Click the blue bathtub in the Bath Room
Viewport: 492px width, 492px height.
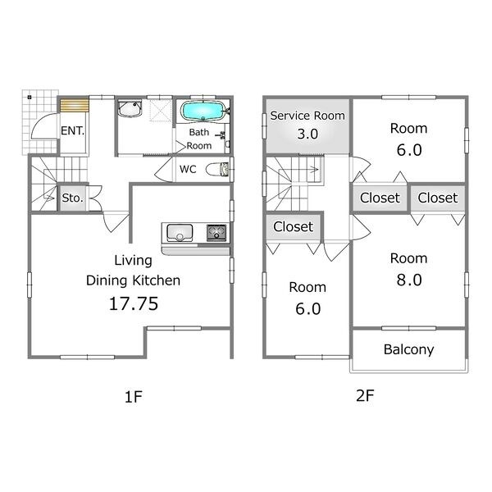pyautogui.click(x=203, y=111)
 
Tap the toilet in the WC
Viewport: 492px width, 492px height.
pyautogui.click(x=217, y=170)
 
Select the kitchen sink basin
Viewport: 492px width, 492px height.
pyautogui.click(x=180, y=233)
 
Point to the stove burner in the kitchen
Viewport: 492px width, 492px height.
pyautogui.click(x=216, y=233)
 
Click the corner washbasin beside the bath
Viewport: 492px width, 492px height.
pyautogui.click(x=130, y=108)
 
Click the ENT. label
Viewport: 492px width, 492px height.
pyautogui.click(x=72, y=131)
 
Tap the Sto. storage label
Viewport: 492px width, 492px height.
pyautogui.click(x=72, y=198)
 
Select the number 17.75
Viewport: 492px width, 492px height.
pyautogui.click(x=134, y=303)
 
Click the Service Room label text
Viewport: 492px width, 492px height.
pyautogui.click(x=307, y=116)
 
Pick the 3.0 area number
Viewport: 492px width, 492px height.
pyautogui.click(x=307, y=134)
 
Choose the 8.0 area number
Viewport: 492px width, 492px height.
pyautogui.click(x=409, y=280)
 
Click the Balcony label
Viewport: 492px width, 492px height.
pyautogui.click(x=408, y=349)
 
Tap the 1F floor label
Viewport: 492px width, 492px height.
pyautogui.click(x=134, y=397)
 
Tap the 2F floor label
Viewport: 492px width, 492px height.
pyautogui.click(x=365, y=396)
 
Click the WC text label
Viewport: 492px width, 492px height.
pyautogui.click(x=188, y=170)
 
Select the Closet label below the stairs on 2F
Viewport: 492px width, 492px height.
pyautogui.click(x=293, y=226)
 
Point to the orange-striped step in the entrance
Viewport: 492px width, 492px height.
pyautogui.click(x=75, y=105)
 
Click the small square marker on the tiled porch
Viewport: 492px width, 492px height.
pyautogui.click(x=30, y=98)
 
